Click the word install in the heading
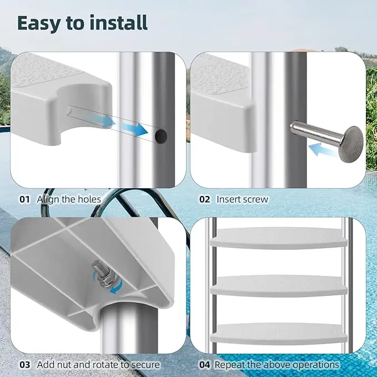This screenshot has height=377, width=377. tap(119, 22)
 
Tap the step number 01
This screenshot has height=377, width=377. tap(24, 199)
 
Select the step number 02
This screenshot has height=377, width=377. tap(205, 199)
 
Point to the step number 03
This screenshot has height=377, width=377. tap(25, 365)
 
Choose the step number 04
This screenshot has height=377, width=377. tap(205, 365)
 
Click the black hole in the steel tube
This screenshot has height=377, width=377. tap(161, 135)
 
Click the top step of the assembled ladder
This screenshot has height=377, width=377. tap(279, 238)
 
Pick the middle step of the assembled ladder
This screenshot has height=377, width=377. tap(279, 285)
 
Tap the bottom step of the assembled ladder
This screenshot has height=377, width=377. tap(279, 334)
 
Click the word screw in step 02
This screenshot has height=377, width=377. tap(254, 199)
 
